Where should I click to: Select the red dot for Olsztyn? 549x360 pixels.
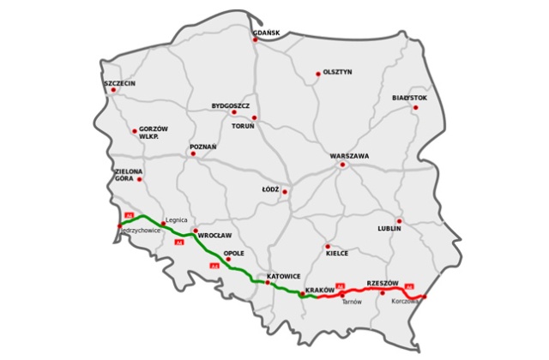click(318, 74)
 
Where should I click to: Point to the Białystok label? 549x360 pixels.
click(409, 98)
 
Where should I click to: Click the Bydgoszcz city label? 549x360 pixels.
click(230, 106)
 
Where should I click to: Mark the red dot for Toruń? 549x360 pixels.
click(254, 117)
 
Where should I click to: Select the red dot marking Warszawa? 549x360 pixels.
click(342, 165)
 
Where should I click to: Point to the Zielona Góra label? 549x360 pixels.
click(129, 177)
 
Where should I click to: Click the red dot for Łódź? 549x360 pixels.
click(285, 191)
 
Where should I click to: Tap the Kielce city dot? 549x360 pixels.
click(327, 246)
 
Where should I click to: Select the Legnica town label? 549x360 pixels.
click(176, 219)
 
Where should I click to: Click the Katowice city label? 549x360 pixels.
click(283, 276)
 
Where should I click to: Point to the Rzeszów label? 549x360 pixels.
click(383, 282)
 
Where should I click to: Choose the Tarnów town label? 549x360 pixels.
click(352, 302)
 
